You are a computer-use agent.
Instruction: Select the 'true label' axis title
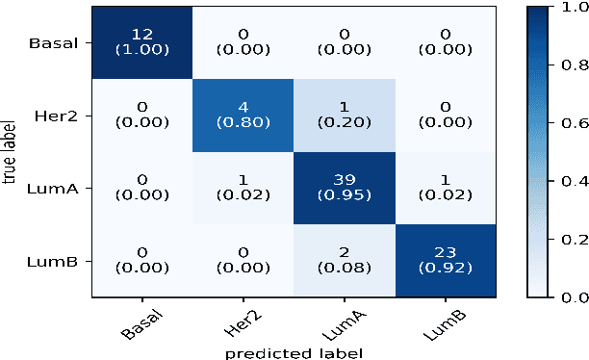[x=10, y=151]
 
